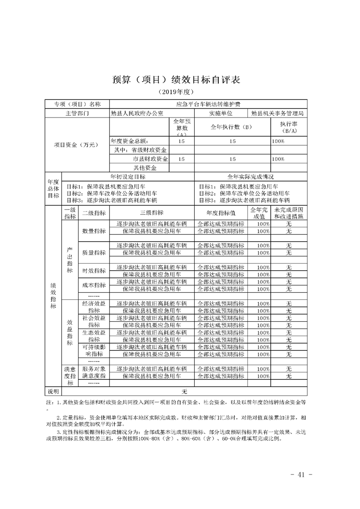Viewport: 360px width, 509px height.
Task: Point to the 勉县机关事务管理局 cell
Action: [x=277, y=113]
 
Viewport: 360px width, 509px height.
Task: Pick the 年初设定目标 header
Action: [x=128, y=176]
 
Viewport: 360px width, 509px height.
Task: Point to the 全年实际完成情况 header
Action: [x=251, y=176]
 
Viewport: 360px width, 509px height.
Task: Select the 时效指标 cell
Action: [x=94, y=271]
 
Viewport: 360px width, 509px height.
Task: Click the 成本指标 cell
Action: [x=94, y=285]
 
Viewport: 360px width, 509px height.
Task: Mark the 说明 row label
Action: [x=54, y=392]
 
